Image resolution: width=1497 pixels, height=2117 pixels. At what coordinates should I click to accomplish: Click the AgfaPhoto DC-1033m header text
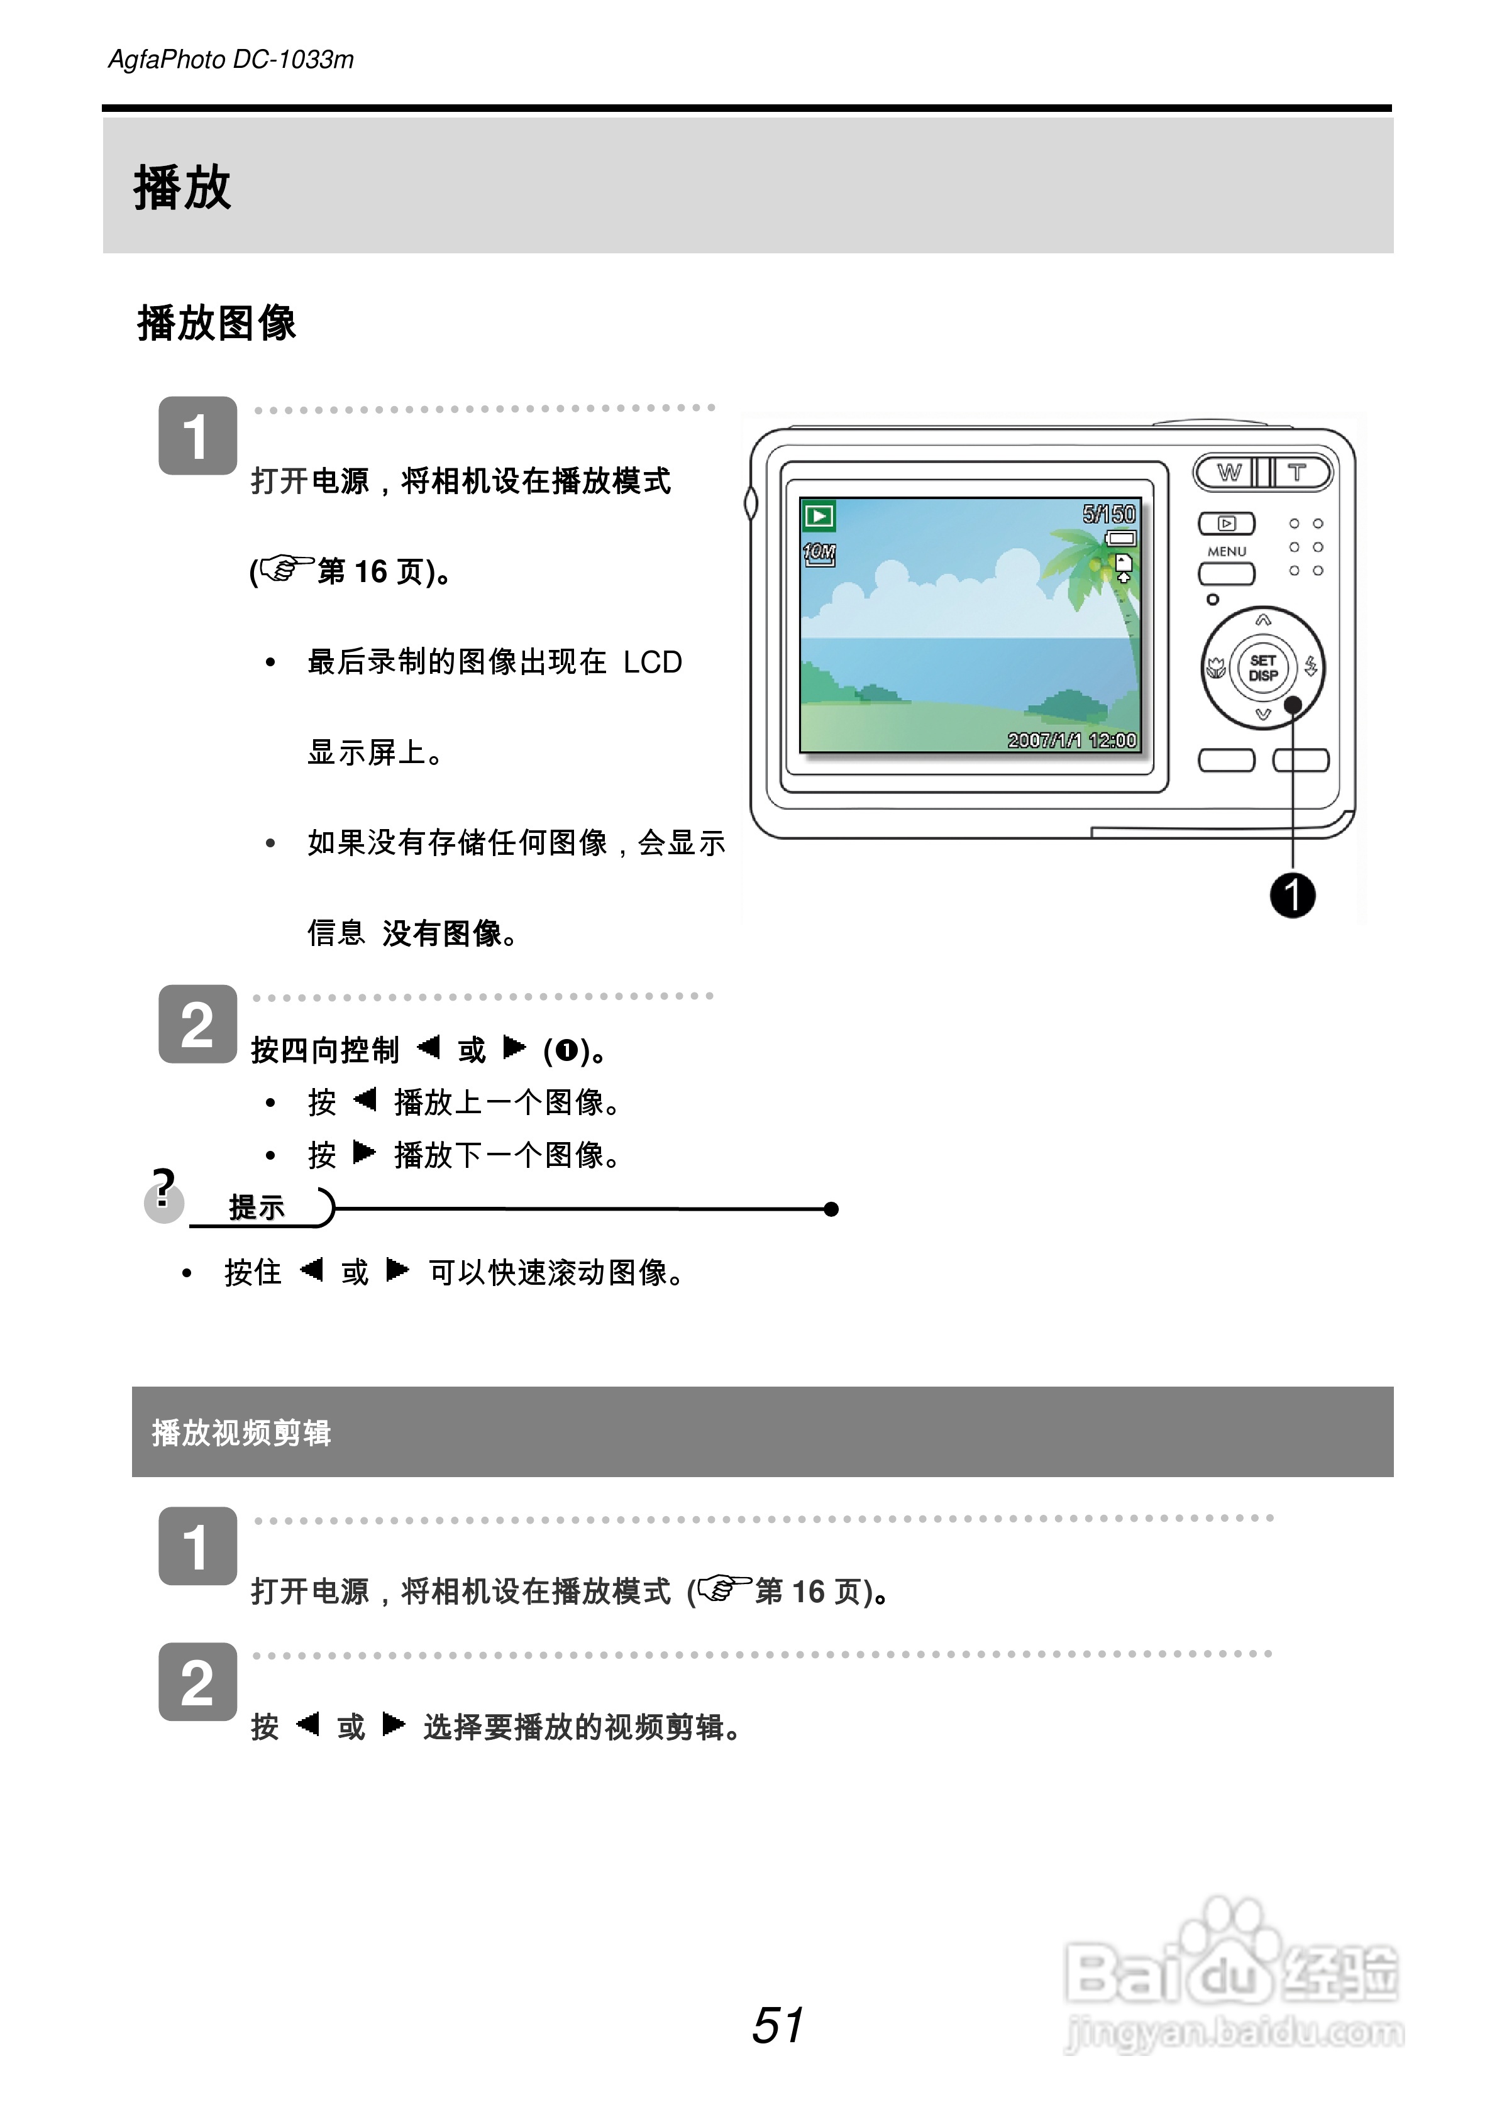(231, 60)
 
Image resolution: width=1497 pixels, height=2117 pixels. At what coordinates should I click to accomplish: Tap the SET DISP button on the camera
(1262, 668)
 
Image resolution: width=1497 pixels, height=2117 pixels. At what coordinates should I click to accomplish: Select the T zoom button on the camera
(1298, 473)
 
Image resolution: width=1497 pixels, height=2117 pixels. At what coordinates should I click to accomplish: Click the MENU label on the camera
(1227, 551)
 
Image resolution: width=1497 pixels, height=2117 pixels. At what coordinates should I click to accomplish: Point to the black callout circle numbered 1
(1292, 895)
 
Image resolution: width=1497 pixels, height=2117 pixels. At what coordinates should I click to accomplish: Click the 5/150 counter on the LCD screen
(1108, 514)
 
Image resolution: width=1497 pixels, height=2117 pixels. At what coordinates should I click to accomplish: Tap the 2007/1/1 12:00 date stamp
(1072, 740)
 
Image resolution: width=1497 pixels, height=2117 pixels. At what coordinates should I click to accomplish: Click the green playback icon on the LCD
(818, 515)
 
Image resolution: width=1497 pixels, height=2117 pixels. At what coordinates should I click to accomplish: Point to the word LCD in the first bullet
(652, 662)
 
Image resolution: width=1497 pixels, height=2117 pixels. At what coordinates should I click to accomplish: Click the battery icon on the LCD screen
(1122, 537)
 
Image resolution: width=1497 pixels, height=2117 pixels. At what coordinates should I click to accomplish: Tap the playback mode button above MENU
(1226, 524)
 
